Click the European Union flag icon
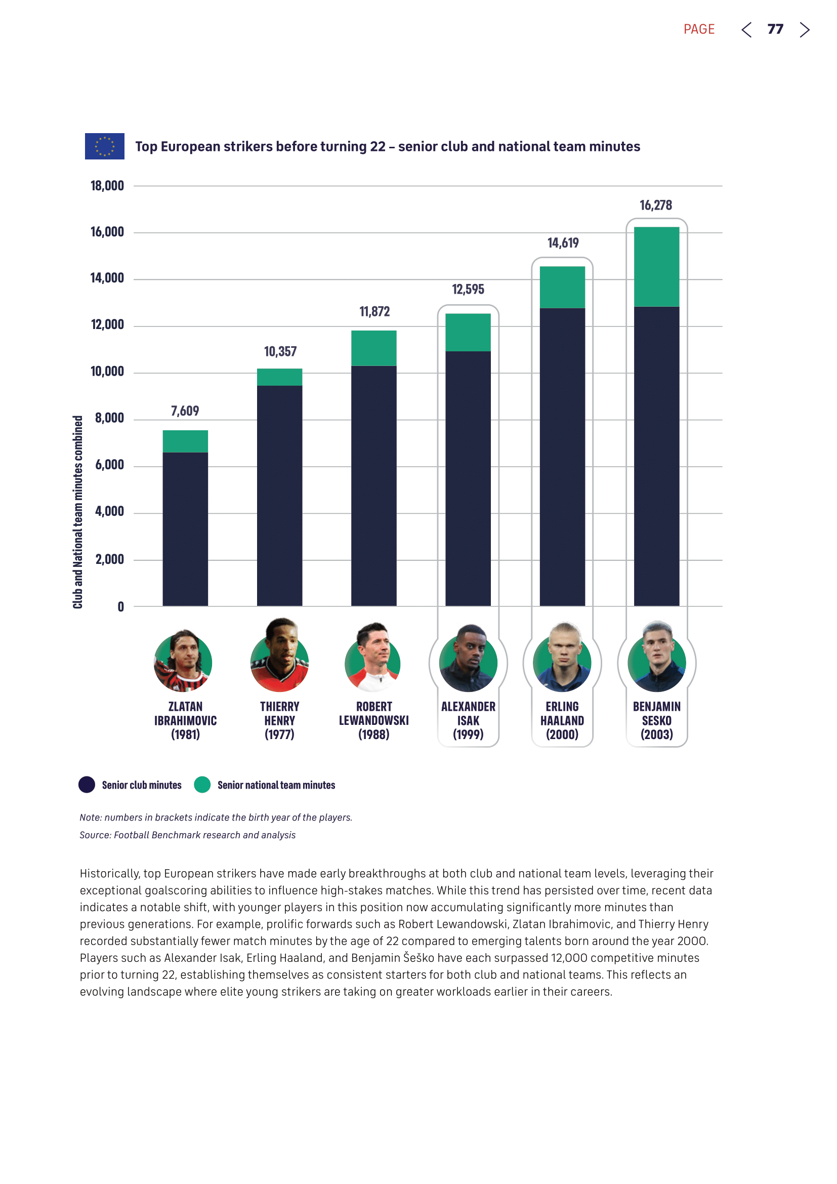point(104,146)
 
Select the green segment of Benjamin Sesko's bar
point(656,267)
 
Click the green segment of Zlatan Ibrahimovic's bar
point(185,441)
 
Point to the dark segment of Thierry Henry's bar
point(279,495)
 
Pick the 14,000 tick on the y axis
point(107,278)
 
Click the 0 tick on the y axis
point(120,607)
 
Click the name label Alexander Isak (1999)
point(468,720)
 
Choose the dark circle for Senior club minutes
point(87,784)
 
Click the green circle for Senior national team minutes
point(202,784)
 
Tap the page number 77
point(775,29)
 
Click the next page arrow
point(804,30)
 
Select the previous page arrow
point(746,30)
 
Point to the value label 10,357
point(280,352)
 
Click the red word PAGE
point(699,29)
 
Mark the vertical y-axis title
point(78,512)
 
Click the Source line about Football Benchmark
point(188,835)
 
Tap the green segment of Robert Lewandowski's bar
point(373,348)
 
